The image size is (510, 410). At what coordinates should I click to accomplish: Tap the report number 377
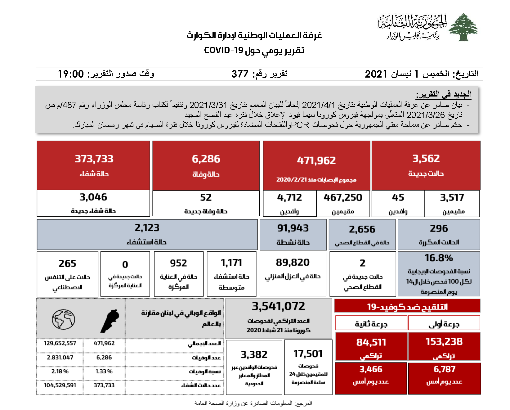pyautogui.click(x=240, y=74)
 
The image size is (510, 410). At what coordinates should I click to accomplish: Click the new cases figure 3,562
pyautogui.click(x=426, y=159)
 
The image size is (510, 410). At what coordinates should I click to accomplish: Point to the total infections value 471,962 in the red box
pyautogui.click(x=316, y=160)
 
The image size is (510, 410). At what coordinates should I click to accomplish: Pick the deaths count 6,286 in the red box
pyautogui.click(x=206, y=159)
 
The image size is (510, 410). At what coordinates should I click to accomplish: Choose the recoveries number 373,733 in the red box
pyautogui.click(x=94, y=159)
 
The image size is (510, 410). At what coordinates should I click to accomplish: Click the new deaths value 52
pyautogui.click(x=206, y=197)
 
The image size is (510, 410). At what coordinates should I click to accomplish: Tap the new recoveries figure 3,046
pyautogui.click(x=93, y=197)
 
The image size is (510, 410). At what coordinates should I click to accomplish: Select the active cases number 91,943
pyautogui.click(x=293, y=228)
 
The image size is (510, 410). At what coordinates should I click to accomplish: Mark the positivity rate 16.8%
pyautogui.click(x=439, y=258)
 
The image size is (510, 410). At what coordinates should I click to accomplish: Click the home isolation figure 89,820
pyautogui.click(x=293, y=263)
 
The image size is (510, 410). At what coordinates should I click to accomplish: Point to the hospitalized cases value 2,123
pyautogui.click(x=147, y=228)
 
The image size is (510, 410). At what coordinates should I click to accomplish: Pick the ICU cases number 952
pyautogui.click(x=178, y=263)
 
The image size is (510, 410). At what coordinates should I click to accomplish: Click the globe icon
pyautogui.click(x=63, y=319)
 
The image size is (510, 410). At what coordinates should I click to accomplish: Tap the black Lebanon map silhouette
pyautogui.click(x=110, y=321)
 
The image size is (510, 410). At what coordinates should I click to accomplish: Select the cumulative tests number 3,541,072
pyautogui.click(x=278, y=306)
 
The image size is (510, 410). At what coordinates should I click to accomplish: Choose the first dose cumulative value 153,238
pyautogui.click(x=444, y=342)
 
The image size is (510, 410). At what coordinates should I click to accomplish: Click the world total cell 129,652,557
pyautogui.click(x=60, y=343)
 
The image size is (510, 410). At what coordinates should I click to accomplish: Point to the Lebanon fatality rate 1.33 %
pyautogui.click(x=104, y=372)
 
